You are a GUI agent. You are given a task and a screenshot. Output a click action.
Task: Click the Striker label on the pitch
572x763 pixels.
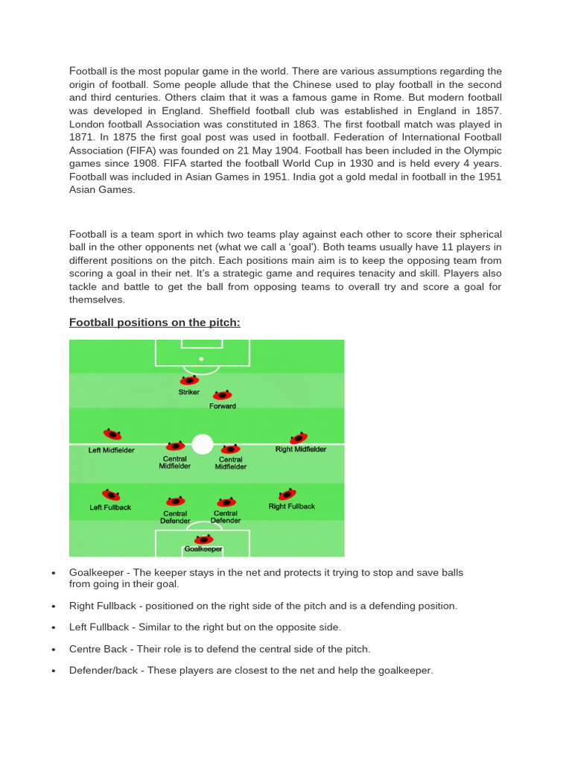point(188,392)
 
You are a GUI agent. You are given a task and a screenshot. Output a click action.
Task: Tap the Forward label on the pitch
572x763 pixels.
point(223,406)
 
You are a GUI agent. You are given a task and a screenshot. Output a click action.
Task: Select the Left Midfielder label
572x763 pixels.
point(112,450)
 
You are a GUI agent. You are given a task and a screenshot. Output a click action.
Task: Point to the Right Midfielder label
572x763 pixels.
point(301,450)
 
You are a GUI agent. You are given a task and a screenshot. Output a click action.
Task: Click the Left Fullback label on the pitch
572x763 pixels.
point(110,507)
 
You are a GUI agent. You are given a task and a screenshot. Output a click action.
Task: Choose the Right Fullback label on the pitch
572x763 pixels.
point(291,507)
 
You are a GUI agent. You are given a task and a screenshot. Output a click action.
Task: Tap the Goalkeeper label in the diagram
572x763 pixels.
point(203,549)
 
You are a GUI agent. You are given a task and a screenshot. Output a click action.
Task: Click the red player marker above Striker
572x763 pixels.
point(189,381)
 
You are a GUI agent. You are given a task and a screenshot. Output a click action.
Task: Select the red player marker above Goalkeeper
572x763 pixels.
point(203,539)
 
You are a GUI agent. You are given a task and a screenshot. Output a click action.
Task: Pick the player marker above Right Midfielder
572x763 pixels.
point(299,438)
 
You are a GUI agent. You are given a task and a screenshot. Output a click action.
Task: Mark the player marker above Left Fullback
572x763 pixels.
point(111,495)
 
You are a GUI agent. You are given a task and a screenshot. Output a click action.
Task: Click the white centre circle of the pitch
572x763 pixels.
point(203,444)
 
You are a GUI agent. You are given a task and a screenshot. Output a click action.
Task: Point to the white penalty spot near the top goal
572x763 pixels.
point(201,359)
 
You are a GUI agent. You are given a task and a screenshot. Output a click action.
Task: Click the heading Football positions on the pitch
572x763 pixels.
point(155,323)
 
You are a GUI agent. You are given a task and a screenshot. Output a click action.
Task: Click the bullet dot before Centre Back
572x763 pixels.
point(54,650)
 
